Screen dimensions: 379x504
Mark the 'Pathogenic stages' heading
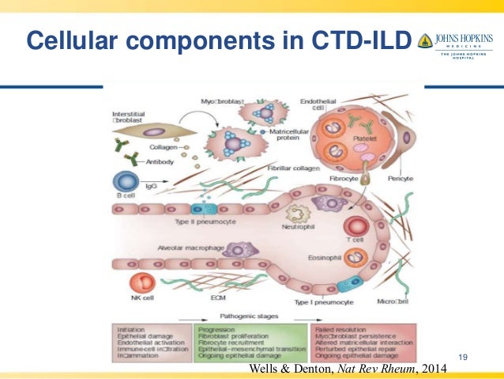click(251, 315)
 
